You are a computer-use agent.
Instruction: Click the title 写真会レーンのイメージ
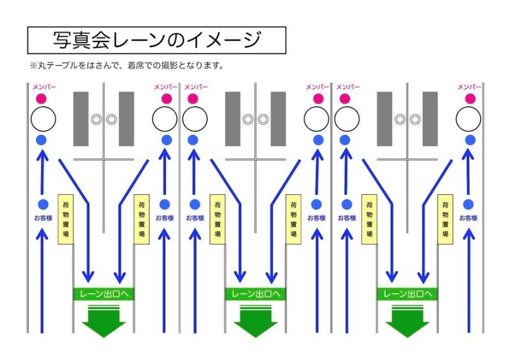click(156, 40)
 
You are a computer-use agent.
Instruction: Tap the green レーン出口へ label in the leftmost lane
click(104, 294)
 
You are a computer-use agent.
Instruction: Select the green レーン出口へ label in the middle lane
click(255, 294)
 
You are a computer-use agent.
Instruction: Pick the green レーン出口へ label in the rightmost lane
click(407, 294)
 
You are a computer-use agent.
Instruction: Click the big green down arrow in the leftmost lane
click(104, 320)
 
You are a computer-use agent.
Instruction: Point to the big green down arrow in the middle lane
click(255, 320)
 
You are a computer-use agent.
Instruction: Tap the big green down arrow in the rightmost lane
click(407, 320)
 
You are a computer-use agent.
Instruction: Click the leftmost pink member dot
click(42, 99)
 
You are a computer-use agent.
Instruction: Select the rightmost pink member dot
click(469, 99)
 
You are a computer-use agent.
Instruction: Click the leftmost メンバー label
click(42, 87)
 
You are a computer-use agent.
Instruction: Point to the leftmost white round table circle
click(43, 119)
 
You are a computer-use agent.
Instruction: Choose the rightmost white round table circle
click(469, 119)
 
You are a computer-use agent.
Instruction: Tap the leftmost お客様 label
click(43, 218)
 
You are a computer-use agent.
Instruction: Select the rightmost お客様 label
click(469, 218)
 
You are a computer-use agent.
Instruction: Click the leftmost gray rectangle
click(81, 119)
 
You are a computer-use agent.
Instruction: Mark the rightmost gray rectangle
click(430, 119)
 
